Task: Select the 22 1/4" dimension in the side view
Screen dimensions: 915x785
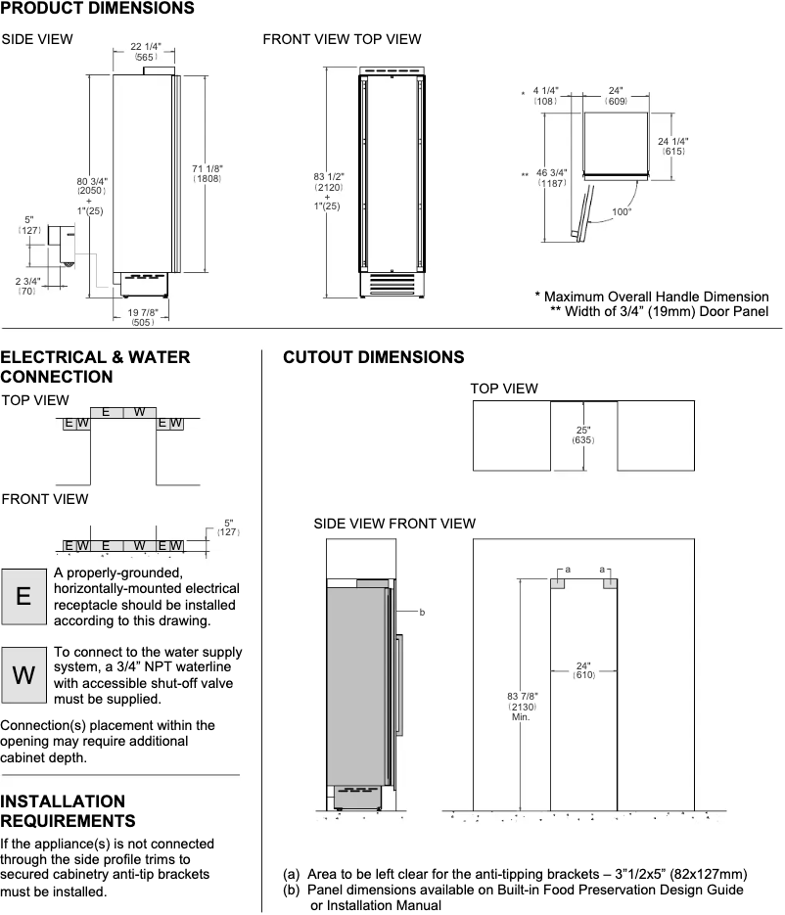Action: pos(147,47)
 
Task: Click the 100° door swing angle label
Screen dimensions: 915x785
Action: pos(622,211)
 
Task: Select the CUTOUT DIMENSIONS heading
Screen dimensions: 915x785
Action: pos(373,357)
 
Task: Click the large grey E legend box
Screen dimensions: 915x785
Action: pos(23,597)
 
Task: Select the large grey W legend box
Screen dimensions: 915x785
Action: pos(23,674)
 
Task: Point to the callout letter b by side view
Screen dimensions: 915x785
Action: pos(422,612)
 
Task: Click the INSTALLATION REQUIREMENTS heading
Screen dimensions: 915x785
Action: pos(69,810)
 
